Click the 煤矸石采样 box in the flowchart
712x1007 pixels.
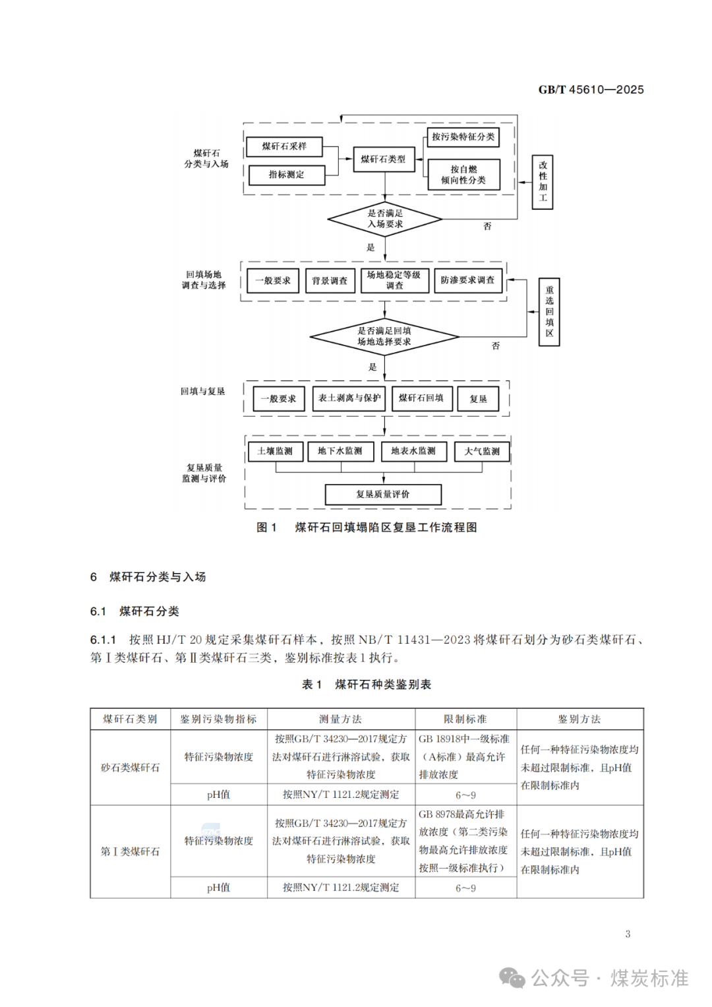click(x=284, y=146)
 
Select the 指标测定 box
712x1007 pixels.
click(x=287, y=175)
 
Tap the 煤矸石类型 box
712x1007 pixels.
click(x=384, y=159)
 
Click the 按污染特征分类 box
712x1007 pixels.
click(x=463, y=137)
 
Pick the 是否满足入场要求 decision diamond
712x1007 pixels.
click(x=385, y=219)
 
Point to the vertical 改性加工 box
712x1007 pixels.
click(x=543, y=182)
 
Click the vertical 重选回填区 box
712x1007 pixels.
click(x=549, y=312)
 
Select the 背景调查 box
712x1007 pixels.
click(x=330, y=281)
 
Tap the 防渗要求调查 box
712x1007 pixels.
click(x=467, y=280)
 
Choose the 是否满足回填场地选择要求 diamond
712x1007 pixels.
click(x=384, y=336)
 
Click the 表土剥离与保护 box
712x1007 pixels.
click(x=349, y=398)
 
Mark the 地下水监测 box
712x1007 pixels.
click(x=340, y=451)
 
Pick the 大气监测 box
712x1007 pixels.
click(x=482, y=452)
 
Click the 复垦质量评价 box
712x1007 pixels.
click(x=383, y=495)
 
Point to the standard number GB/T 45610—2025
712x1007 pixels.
click(x=591, y=90)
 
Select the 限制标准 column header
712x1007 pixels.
click(x=465, y=719)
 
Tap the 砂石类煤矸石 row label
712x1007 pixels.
click(x=131, y=768)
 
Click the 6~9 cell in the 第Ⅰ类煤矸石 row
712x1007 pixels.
click(x=465, y=888)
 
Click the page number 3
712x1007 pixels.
click(x=628, y=934)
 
